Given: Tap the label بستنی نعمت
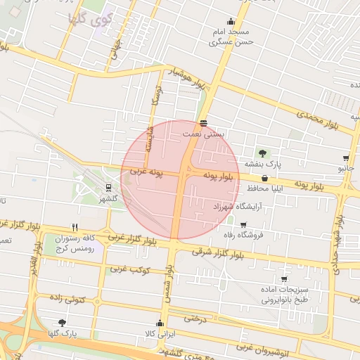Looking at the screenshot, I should pos(203,133).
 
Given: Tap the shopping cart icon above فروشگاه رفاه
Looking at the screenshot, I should pos(243,225).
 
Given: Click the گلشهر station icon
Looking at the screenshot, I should pos(108,188).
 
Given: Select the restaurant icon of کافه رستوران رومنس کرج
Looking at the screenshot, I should pos(75,227).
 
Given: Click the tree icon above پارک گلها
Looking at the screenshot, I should pos(63,323).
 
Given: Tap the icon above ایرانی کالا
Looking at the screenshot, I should pos(160,323).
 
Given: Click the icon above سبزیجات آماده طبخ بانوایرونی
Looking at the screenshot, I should pos(284,278).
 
